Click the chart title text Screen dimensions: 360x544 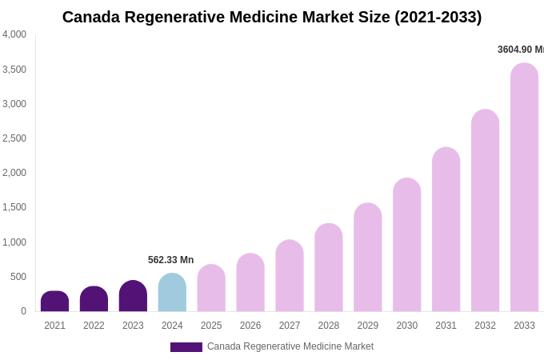click(272, 17)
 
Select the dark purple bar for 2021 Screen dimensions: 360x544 click(54, 302)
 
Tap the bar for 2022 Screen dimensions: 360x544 click(94, 299)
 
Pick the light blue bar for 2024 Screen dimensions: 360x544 click(172, 293)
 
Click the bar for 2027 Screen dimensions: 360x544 click(290, 276)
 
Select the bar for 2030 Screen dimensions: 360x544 click(406, 245)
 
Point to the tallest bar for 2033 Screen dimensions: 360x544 click(524, 187)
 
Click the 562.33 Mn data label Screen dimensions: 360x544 click(170, 260)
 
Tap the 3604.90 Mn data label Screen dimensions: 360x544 click(520, 50)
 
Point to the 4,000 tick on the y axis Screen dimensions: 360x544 click(14, 34)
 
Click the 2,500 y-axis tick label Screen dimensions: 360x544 click(14, 138)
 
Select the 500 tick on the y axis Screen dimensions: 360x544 click(18, 277)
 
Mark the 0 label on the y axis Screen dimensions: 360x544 click(23, 311)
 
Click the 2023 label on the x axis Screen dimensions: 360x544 click(133, 326)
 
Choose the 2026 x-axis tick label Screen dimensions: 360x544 click(250, 326)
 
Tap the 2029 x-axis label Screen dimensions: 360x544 click(368, 326)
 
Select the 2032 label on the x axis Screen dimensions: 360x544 click(485, 326)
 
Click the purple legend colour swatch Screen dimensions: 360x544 click(186, 347)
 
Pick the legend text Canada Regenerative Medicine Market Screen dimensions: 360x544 click(290, 346)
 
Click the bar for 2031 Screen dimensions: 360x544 click(446, 230)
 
